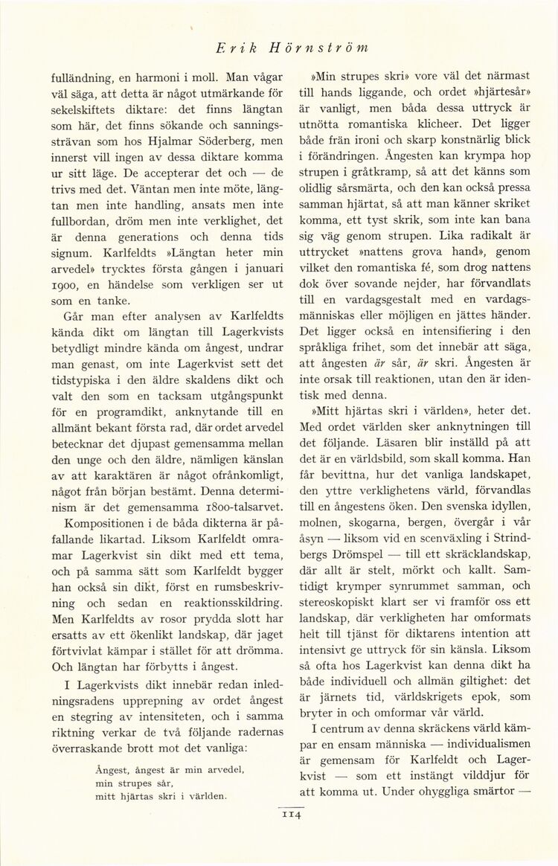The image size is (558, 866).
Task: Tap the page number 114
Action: pyautogui.click(x=289, y=816)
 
